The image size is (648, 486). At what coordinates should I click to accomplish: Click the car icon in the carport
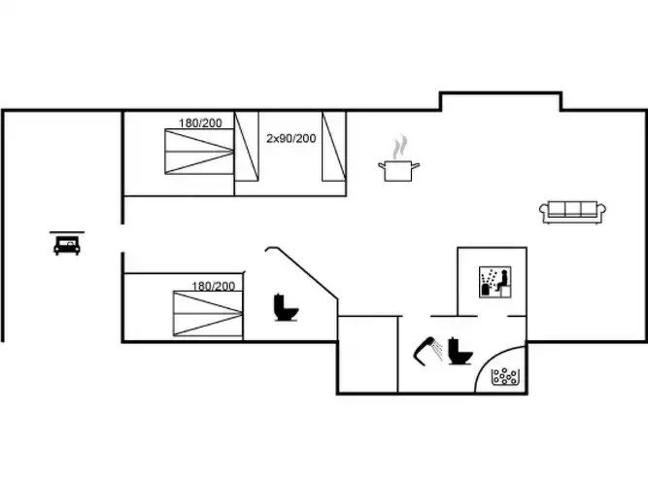pyautogui.click(x=67, y=246)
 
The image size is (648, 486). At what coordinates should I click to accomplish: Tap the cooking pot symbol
pyautogui.click(x=398, y=170)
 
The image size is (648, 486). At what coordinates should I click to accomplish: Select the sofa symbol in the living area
pyautogui.click(x=572, y=212)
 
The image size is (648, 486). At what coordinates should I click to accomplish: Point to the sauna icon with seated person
pyautogui.click(x=495, y=282)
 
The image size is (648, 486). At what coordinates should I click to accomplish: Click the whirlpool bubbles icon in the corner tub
pyautogui.click(x=504, y=376)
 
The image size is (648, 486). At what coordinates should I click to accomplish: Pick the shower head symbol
pyautogui.click(x=427, y=351)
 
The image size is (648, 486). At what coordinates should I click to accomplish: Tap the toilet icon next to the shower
pyautogui.click(x=460, y=351)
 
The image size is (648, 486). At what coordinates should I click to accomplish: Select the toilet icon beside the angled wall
pyautogui.click(x=286, y=307)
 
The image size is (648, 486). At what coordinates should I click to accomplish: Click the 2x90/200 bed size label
pyautogui.click(x=290, y=138)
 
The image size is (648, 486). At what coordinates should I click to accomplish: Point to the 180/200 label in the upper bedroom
pyautogui.click(x=200, y=122)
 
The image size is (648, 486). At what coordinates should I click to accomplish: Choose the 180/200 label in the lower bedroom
pyautogui.click(x=213, y=286)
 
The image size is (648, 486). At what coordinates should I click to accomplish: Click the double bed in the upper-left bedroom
pyautogui.click(x=199, y=152)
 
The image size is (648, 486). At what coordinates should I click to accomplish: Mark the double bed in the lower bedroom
pyautogui.click(x=208, y=314)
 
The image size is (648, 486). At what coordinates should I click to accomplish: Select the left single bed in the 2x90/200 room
pyautogui.click(x=247, y=147)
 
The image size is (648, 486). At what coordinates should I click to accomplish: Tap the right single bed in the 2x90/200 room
pyautogui.click(x=334, y=147)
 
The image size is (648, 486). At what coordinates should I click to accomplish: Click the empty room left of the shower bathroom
pyautogui.click(x=368, y=355)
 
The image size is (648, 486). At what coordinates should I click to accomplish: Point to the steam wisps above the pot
pyautogui.click(x=400, y=147)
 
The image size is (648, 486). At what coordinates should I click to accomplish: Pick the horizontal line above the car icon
pyautogui.click(x=67, y=232)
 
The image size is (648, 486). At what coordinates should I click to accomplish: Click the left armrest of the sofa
pyautogui.click(x=543, y=210)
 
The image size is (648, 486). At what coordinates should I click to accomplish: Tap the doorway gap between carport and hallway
pyautogui.click(x=122, y=238)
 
